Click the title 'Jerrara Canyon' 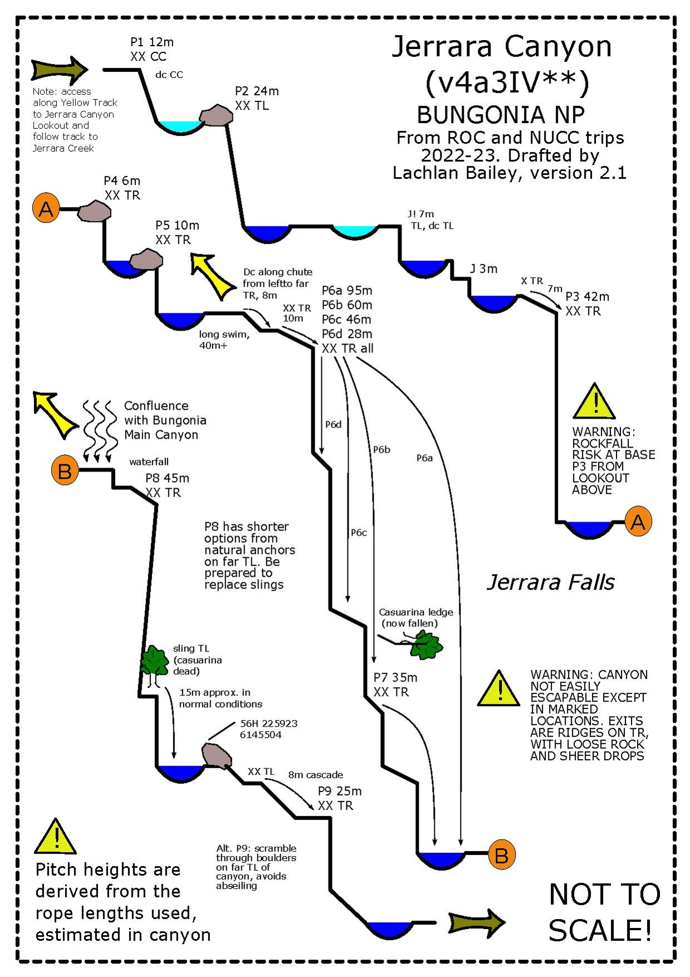502,46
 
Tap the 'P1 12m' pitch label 151,42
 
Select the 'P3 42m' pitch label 587,296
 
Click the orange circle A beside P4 46,209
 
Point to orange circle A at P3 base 638,522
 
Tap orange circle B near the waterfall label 65,471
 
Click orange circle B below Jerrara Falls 501,854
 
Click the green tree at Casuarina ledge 427,645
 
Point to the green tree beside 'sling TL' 154,661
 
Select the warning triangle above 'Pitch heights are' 56,838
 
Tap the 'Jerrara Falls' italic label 550,582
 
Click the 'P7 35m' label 395,678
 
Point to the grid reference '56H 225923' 268,723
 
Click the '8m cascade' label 315,775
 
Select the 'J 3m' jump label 483,269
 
